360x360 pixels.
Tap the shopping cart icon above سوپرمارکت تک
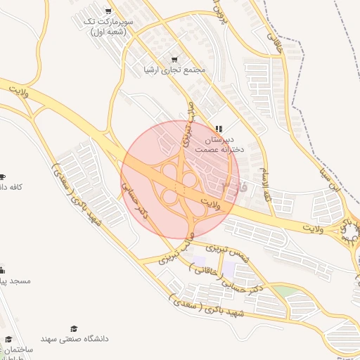pos(108,11)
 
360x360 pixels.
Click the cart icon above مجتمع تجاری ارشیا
pos(174,59)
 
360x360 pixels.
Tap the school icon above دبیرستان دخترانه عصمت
pos(219,129)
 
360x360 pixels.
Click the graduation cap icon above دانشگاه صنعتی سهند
pos(74,328)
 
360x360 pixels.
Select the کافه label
pos(12,186)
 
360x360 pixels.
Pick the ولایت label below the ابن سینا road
pos(316,229)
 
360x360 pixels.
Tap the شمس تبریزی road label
pos(227,252)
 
